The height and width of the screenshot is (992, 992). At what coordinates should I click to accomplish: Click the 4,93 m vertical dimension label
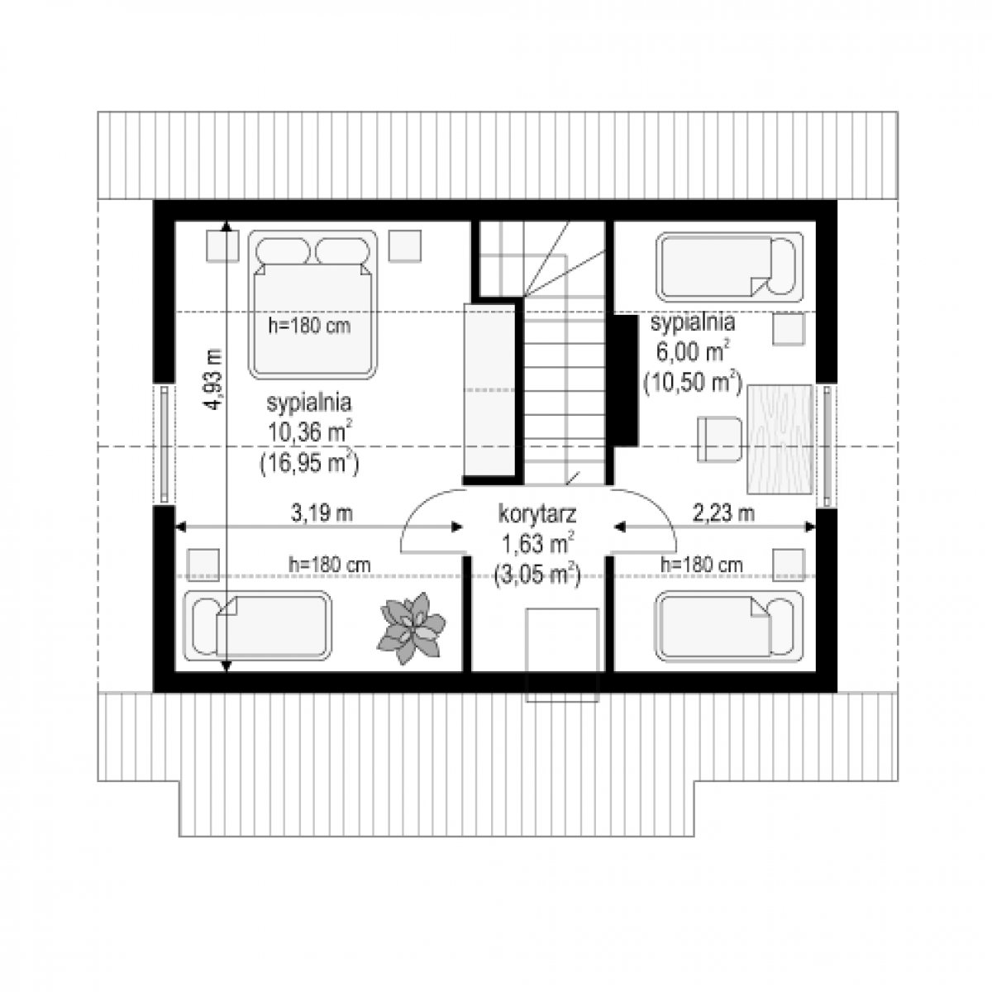[x=213, y=379]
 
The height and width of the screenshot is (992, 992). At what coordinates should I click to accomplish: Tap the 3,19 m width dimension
[x=322, y=513]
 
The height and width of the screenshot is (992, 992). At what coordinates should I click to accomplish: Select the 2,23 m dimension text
[x=723, y=513]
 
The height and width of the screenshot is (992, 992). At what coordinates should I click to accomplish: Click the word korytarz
[x=537, y=515]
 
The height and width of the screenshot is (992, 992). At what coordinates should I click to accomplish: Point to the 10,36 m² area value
[x=309, y=432]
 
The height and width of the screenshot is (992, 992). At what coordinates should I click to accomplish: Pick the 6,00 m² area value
[x=693, y=353]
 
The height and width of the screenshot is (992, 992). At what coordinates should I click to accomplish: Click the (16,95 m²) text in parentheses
[x=309, y=463]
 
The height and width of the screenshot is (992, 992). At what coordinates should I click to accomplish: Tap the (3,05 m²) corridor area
[x=537, y=575]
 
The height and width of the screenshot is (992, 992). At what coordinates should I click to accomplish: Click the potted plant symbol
[x=411, y=628]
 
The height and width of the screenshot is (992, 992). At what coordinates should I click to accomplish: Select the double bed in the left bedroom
[x=313, y=305]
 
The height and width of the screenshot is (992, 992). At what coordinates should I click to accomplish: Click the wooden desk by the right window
[x=780, y=439]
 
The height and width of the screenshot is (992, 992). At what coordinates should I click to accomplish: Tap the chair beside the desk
[x=719, y=439]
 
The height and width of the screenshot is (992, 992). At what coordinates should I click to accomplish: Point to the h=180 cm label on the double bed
[x=309, y=326]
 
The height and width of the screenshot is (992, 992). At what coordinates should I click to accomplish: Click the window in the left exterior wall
[x=165, y=444]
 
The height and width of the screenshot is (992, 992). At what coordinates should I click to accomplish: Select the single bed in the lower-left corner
[x=258, y=626]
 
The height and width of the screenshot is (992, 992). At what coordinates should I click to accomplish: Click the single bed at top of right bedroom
[x=729, y=267]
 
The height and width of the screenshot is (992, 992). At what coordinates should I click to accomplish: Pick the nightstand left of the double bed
[x=222, y=246]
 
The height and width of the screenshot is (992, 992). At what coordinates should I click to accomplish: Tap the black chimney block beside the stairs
[x=624, y=380]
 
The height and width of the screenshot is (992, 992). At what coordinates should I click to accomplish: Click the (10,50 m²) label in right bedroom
[x=693, y=382]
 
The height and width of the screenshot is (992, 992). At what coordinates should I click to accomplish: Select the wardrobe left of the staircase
[x=489, y=389]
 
